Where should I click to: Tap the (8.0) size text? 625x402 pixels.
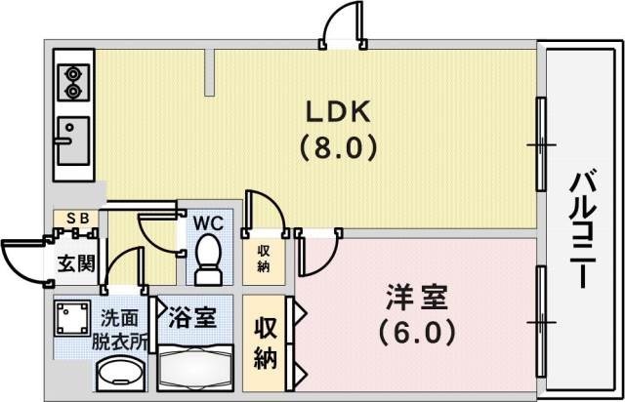[x=338, y=151]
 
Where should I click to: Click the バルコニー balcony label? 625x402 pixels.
[x=583, y=229]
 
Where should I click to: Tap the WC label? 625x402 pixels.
[x=208, y=222]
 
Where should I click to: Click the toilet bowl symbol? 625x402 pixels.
[x=208, y=258]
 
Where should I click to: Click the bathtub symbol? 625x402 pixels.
[x=194, y=369]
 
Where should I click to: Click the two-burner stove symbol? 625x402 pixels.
[x=72, y=83]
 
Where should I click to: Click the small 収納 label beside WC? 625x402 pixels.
[x=265, y=258]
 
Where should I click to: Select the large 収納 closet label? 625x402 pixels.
[x=265, y=342]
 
